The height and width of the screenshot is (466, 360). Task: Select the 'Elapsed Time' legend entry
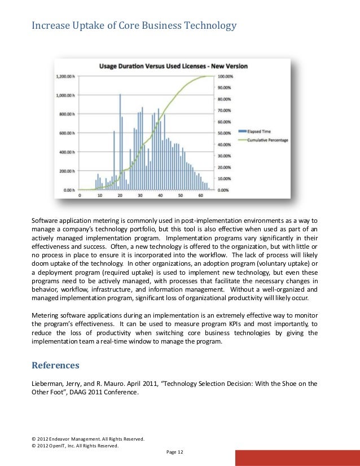click(258, 131)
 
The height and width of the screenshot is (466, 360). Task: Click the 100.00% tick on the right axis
click(225, 76)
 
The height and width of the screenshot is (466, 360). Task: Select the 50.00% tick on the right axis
click(225, 133)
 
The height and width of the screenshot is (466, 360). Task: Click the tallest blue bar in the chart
click(120, 141)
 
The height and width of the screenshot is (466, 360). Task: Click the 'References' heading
click(55, 365)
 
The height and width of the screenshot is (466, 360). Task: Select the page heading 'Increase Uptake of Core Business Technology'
click(133, 25)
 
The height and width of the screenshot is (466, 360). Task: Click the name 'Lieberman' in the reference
click(47, 384)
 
